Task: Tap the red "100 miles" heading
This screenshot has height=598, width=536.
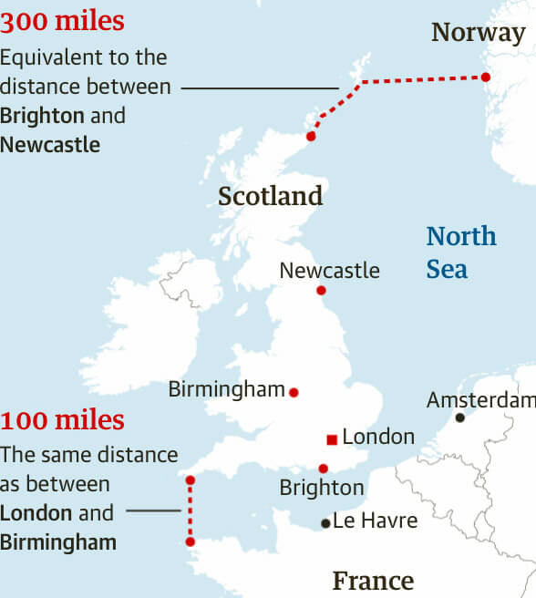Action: coord(62,421)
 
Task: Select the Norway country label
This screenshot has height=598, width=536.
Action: coord(478,33)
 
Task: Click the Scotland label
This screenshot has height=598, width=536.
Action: coord(271,196)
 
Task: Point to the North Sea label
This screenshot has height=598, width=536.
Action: coord(461,253)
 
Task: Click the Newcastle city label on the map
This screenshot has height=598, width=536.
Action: coord(329,271)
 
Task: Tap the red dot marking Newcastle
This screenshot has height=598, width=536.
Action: coord(321,291)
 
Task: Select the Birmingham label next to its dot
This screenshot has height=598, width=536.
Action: coord(227,389)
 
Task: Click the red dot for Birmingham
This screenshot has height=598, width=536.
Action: coord(294,392)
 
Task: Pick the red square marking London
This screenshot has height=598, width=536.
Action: coord(331,440)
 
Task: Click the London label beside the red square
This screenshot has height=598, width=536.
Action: coord(378,438)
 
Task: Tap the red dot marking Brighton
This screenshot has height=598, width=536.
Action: coord(324,469)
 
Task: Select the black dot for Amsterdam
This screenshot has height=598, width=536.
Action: coord(460,418)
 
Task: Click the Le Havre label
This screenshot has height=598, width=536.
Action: coord(375,521)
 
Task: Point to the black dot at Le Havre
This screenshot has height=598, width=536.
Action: coord(325,523)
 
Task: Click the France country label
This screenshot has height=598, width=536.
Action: coord(373,581)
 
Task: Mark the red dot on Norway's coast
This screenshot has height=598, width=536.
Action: coord(486,77)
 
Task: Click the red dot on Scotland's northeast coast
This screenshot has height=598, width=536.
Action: coord(311,136)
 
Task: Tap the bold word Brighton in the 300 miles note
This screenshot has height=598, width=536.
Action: coord(43,116)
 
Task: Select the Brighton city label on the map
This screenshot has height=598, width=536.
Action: coord(321,489)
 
